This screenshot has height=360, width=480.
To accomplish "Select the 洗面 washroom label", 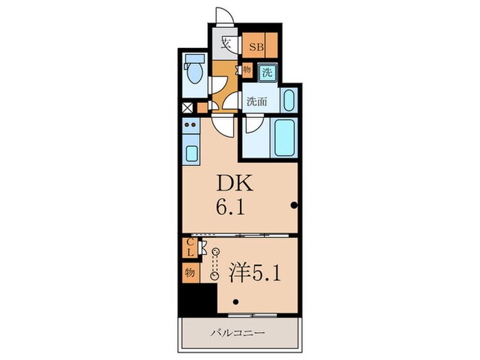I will pyautogui.click(x=257, y=99).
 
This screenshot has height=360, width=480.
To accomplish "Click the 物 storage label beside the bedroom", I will pyautogui.click(x=189, y=272).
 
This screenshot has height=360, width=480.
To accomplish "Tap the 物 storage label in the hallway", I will pyautogui.click(x=246, y=69).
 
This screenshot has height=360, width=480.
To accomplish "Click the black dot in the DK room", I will pyautogui.click(x=293, y=204).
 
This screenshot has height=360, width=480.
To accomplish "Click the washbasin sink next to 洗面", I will pyautogui.click(x=288, y=100).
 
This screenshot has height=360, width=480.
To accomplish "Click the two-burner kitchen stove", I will pyautogui.click(x=191, y=125).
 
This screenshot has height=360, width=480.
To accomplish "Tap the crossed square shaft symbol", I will pyautogui.click(x=187, y=108).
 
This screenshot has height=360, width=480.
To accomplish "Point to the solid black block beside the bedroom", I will pyautogui.click(x=194, y=300).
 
